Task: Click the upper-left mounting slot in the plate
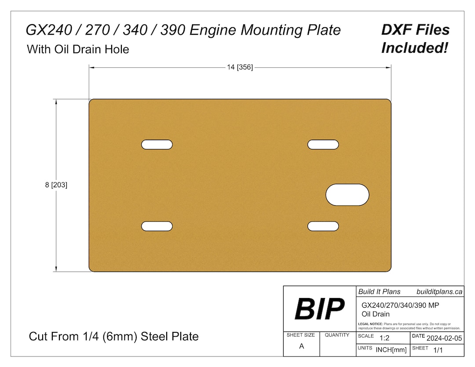[x=157, y=144]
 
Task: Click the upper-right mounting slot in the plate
[x=323, y=144]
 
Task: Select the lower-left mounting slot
[x=157, y=226]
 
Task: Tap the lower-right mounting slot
[x=323, y=226]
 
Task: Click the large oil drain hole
[x=347, y=195]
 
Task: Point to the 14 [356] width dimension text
[x=240, y=67]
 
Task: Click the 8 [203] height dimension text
[x=56, y=185]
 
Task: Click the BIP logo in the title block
[x=319, y=309]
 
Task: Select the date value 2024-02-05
[x=444, y=338]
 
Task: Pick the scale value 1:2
[x=384, y=338]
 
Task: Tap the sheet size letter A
[x=301, y=346]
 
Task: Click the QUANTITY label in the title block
[x=337, y=335]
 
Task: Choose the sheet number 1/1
[x=438, y=350]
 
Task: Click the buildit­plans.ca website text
[x=439, y=291]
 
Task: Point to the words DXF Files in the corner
[x=415, y=30]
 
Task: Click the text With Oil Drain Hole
[x=78, y=49]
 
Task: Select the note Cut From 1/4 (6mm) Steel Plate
[x=113, y=337]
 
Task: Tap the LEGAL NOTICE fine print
[x=409, y=326]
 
